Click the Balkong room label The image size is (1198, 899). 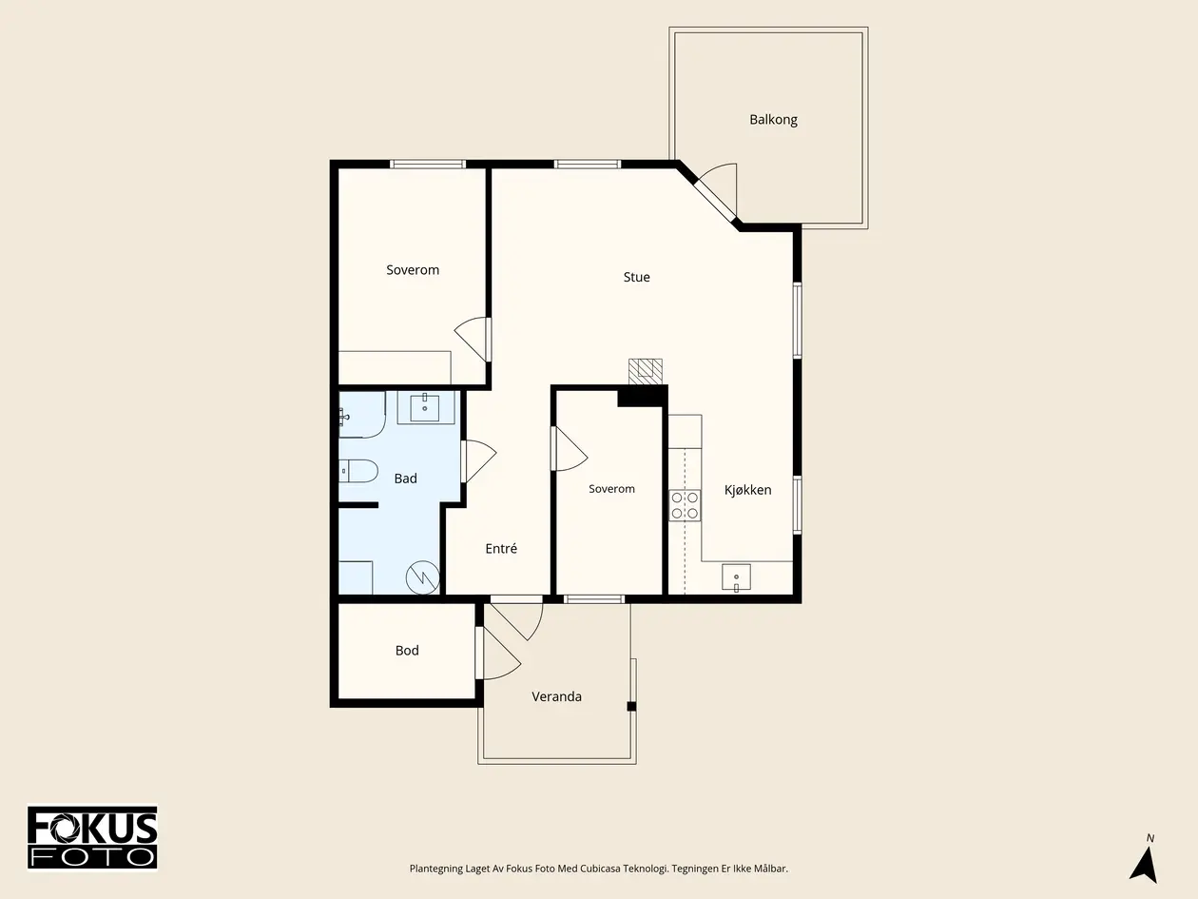773,120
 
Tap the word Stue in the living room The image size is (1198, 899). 636,277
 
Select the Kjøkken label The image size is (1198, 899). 747,490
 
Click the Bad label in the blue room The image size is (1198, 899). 406,479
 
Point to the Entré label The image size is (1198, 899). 501,548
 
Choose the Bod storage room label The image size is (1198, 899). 407,650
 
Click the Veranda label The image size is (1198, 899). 557,696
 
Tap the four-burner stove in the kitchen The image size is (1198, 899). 685,505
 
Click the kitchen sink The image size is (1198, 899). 736,577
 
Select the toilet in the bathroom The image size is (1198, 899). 358,471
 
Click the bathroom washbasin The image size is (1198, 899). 425,408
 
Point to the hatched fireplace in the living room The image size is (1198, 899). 646,372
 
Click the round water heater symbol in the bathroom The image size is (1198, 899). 422,577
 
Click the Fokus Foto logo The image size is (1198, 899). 92,837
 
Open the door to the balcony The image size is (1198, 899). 716,191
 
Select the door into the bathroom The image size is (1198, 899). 478,461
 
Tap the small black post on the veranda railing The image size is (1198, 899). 631,706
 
